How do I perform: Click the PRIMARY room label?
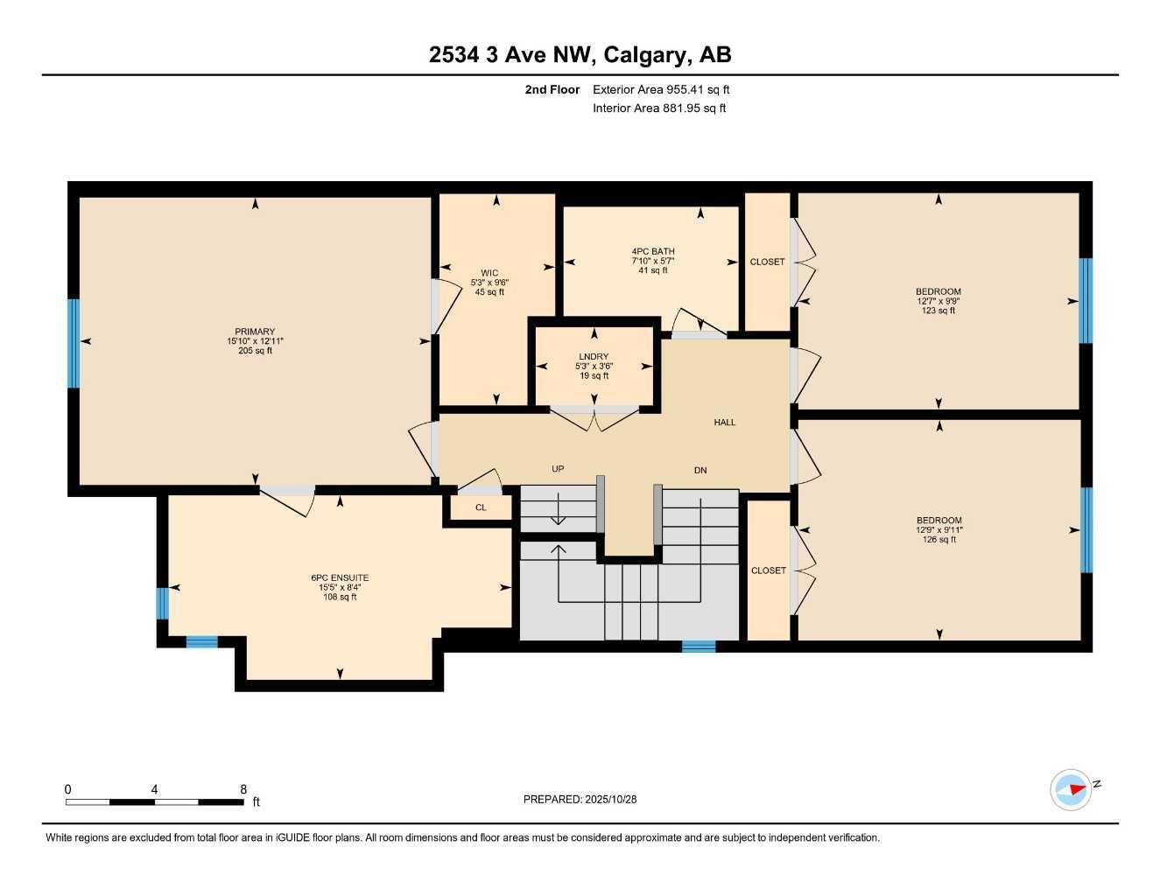click(255, 332)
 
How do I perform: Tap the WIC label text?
click(489, 273)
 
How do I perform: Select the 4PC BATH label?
click(653, 251)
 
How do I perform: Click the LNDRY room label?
click(594, 357)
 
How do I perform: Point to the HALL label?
click(725, 423)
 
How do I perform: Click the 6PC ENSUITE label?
click(340, 577)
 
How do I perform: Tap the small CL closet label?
click(481, 507)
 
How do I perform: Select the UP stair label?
click(558, 469)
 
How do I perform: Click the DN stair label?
click(700, 471)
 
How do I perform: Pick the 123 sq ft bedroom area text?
click(939, 311)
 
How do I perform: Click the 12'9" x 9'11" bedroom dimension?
click(939, 530)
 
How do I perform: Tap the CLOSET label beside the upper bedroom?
click(768, 262)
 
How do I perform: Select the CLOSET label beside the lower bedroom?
click(769, 570)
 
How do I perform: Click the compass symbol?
click(1071, 789)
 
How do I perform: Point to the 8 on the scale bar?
click(243, 789)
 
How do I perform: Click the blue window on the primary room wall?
click(74, 343)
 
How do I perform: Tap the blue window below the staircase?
click(699, 647)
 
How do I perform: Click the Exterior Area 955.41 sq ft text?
click(661, 89)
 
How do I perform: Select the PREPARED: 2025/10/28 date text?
click(580, 799)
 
